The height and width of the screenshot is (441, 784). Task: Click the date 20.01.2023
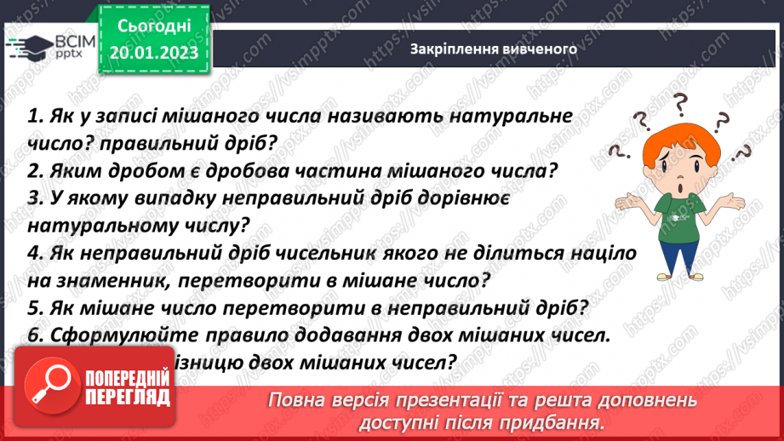pos(153,53)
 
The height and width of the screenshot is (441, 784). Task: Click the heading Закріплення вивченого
pos(494,49)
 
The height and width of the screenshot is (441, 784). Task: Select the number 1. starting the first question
pos(36,116)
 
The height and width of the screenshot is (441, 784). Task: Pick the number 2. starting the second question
pos(36,170)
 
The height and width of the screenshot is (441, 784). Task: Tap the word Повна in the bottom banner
pos(295,400)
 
